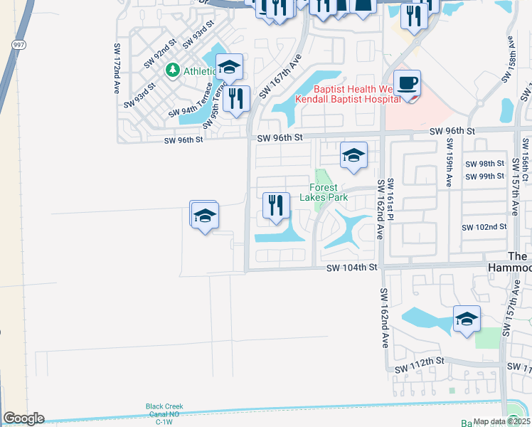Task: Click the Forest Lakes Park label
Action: click(x=328, y=192)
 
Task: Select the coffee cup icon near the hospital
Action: click(x=407, y=84)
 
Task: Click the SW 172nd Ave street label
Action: click(x=117, y=68)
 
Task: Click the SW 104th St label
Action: click(x=351, y=268)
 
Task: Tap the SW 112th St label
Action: click(x=420, y=362)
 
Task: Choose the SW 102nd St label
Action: click(x=484, y=227)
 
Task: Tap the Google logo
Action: click(x=23, y=418)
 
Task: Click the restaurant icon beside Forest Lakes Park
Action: click(x=274, y=206)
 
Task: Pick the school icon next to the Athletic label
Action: click(x=228, y=67)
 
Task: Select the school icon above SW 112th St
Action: click(x=466, y=319)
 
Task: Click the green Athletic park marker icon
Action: click(x=171, y=70)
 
